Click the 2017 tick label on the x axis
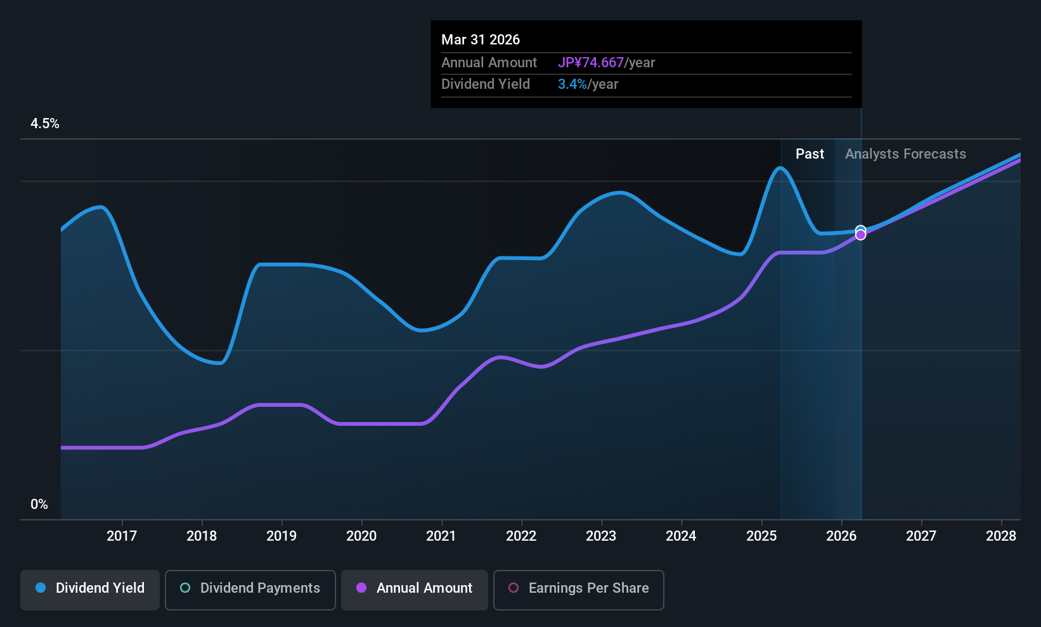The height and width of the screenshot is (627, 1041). [122, 536]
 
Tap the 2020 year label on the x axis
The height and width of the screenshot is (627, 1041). [361, 536]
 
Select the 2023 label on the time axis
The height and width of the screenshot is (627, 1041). [601, 536]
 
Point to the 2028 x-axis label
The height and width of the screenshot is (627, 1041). [1001, 536]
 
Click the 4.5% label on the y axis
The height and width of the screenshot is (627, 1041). [45, 124]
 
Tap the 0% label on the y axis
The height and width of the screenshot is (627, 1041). [39, 505]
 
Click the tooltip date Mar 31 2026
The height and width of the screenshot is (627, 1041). [481, 40]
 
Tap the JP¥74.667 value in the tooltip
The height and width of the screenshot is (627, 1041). [591, 63]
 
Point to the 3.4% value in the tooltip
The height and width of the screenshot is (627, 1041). [572, 84]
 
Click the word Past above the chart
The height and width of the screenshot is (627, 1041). [810, 154]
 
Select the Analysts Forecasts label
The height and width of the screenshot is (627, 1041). [905, 154]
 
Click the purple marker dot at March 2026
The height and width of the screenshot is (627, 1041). [860, 235]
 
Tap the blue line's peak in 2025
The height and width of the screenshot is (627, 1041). [780, 168]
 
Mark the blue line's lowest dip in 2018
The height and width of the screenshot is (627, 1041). [220, 363]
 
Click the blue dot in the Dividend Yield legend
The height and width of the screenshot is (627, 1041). [41, 588]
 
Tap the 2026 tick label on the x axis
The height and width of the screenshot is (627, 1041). [841, 536]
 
